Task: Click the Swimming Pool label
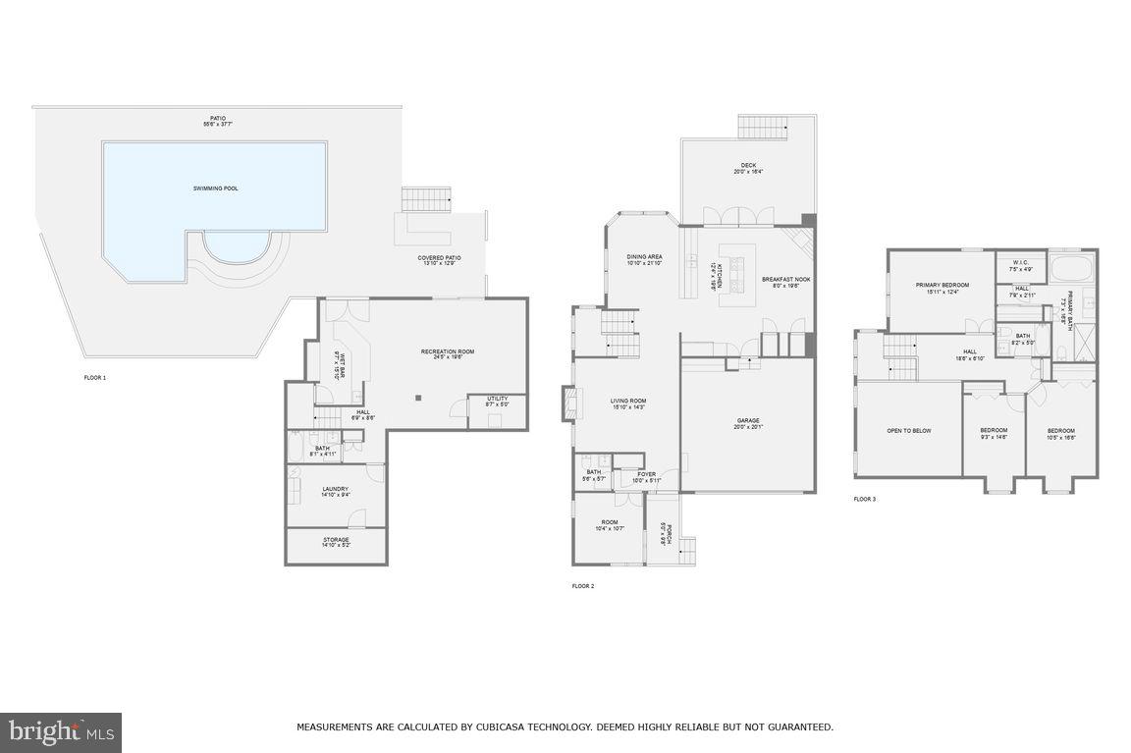pos(215,188)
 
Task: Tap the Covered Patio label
pos(439,258)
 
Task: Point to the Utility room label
pos(498,399)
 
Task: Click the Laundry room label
pos(336,490)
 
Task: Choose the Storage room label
pos(336,540)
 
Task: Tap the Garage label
pos(748,421)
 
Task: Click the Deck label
pos(748,166)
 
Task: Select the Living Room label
pos(627,401)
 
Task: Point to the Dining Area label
pos(645,257)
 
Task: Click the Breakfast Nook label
pos(786,280)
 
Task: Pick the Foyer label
pos(646,475)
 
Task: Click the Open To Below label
pos(909,430)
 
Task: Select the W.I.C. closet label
pos(1022,263)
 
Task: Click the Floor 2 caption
pos(583,586)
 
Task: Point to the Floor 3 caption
pos(864,499)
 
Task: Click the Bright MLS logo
pos(61,732)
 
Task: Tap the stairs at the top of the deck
pos(763,127)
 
